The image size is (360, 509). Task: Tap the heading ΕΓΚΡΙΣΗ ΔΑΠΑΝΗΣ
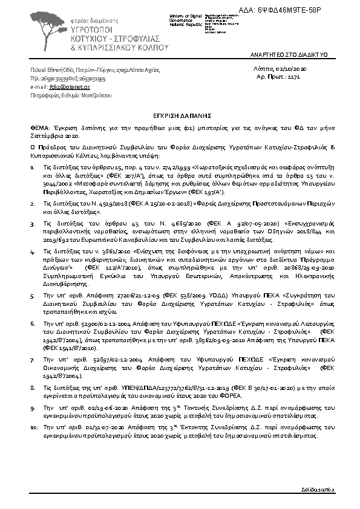tap(180, 113)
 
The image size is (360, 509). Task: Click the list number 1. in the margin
tap(33, 164)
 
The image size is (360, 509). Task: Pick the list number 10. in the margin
tap(34, 427)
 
